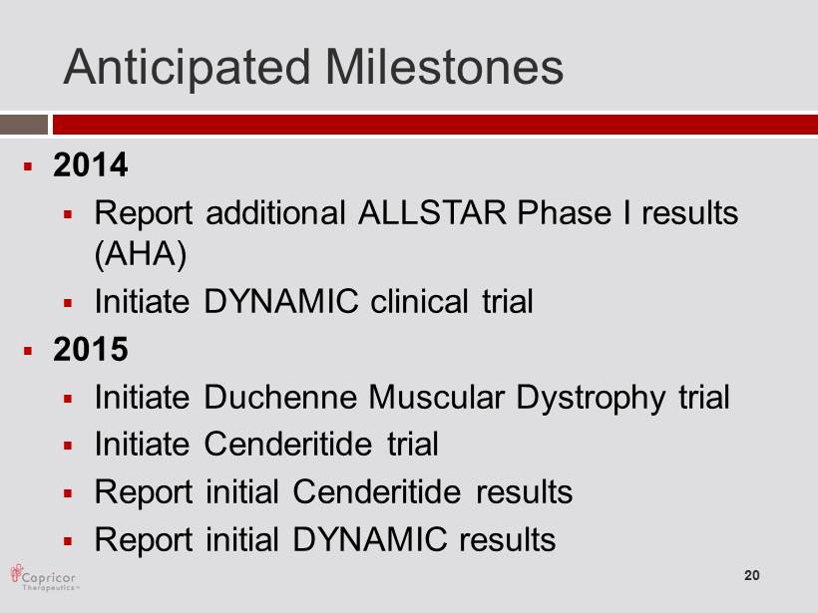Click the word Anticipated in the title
click(187, 68)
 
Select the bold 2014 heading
click(90, 164)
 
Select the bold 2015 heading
click(90, 349)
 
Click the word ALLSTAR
click(432, 212)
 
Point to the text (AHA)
click(141, 254)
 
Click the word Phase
click(564, 212)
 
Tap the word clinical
click(419, 301)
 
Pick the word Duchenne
click(280, 397)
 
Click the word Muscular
click(437, 397)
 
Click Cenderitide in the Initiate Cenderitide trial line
click(288, 445)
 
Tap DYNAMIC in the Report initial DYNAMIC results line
click(370, 539)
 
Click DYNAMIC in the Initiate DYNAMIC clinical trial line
click(281, 301)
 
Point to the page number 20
click(752, 575)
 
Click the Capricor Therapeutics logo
click(44, 577)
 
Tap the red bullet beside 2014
click(28, 166)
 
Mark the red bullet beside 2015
click(28, 351)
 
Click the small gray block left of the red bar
click(24, 126)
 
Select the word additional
click(276, 212)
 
